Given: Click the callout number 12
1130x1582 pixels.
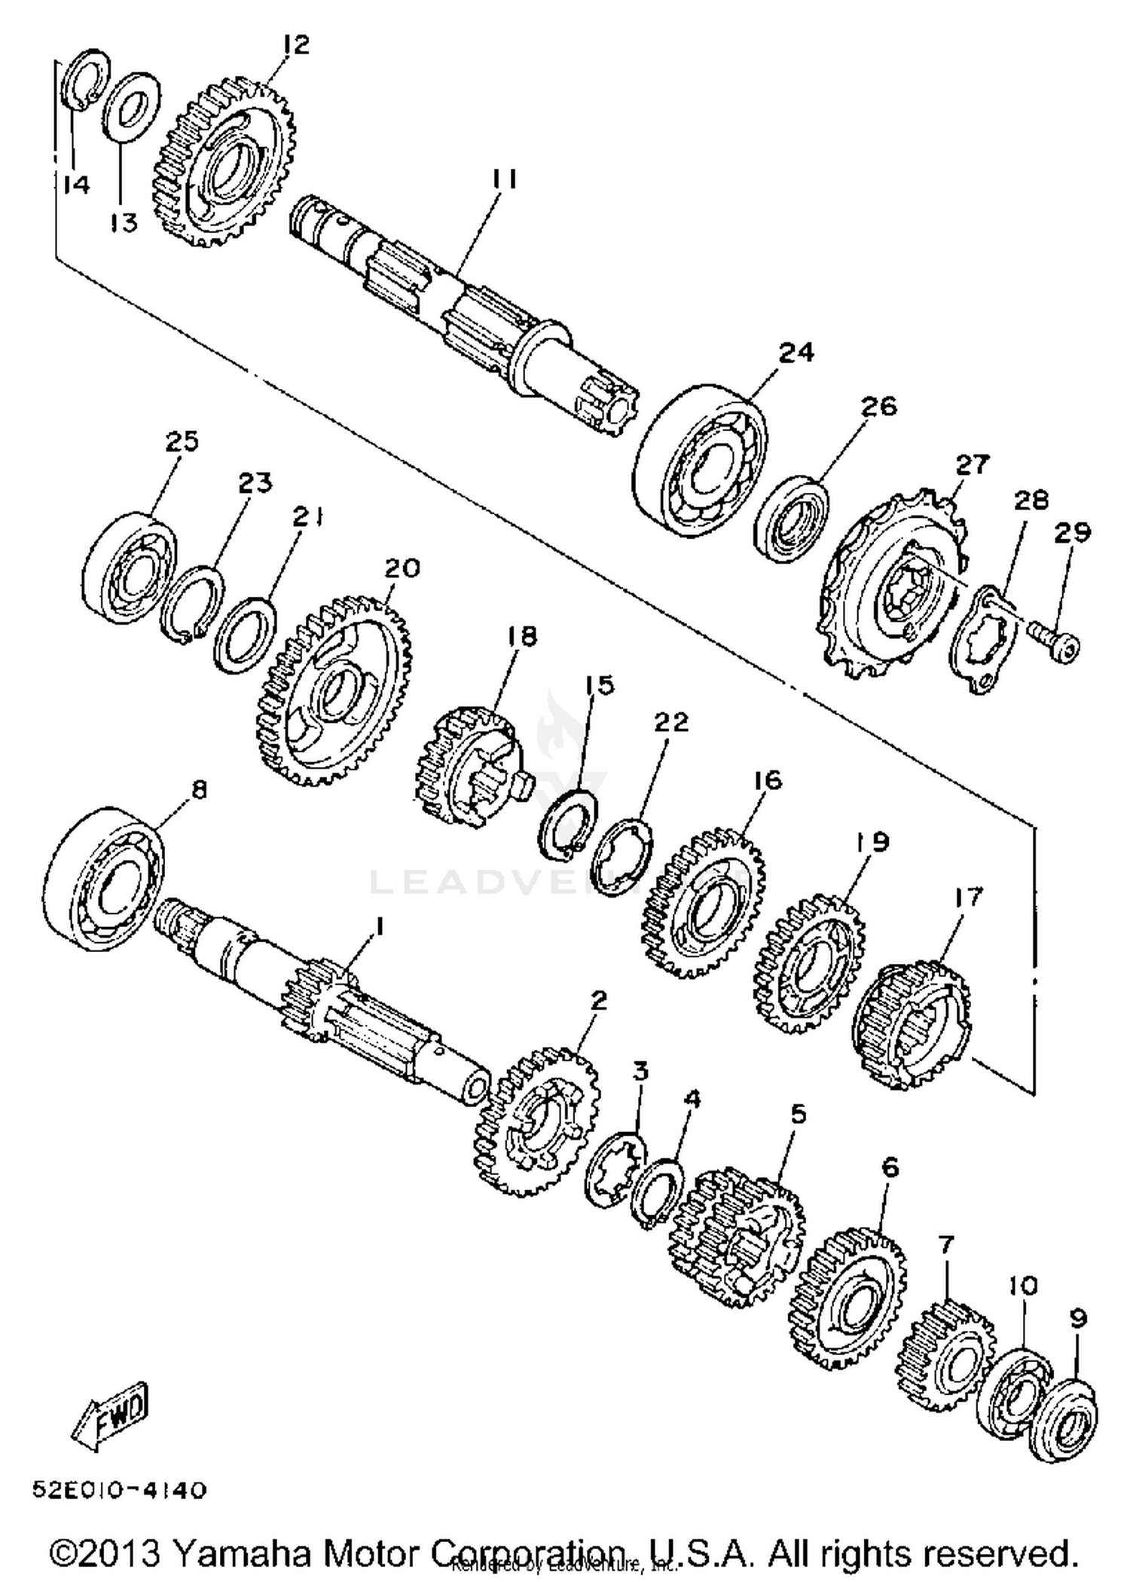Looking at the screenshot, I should [x=296, y=44].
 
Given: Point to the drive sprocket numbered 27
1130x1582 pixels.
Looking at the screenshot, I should [x=892, y=580].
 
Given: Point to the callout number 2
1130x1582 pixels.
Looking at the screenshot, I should [x=598, y=1001].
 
